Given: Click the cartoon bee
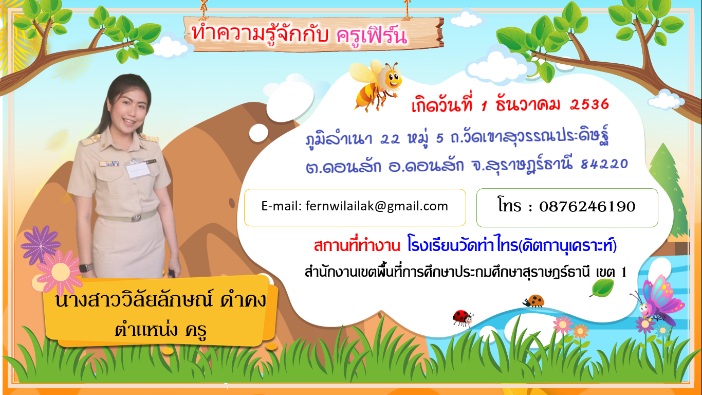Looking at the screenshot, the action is (x=376, y=85).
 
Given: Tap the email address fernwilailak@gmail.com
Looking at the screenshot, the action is (x=377, y=206).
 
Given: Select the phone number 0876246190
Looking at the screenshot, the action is (x=587, y=206).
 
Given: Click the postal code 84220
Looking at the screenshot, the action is (x=604, y=164).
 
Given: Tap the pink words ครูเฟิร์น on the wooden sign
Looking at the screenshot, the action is (x=372, y=35).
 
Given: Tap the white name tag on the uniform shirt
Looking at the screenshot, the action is (x=137, y=170).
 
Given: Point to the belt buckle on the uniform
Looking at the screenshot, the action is (x=136, y=218).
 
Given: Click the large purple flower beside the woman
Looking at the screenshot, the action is (x=41, y=245).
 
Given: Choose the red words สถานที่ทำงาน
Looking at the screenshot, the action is (x=357, y=245).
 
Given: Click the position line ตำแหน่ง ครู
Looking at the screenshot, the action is (x=160, y=330).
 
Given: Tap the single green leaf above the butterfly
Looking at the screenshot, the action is (x=602, y=288).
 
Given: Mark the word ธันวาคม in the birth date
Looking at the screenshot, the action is (x=528, y=105).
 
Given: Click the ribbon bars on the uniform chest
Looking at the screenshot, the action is (x=109, y=164).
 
